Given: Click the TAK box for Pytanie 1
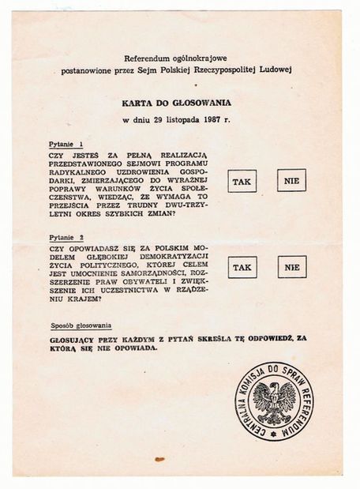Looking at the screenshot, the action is pos(242,182).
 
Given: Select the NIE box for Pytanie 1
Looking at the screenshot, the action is pos(291,182).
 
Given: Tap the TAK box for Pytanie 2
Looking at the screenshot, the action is pos(242,267).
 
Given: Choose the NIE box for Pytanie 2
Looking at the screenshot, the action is pos(291,267).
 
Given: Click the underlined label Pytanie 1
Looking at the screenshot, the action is pos(65,145).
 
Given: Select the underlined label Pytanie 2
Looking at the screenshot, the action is pos(65,235).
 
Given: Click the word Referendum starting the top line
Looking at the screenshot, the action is pos(147,58).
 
